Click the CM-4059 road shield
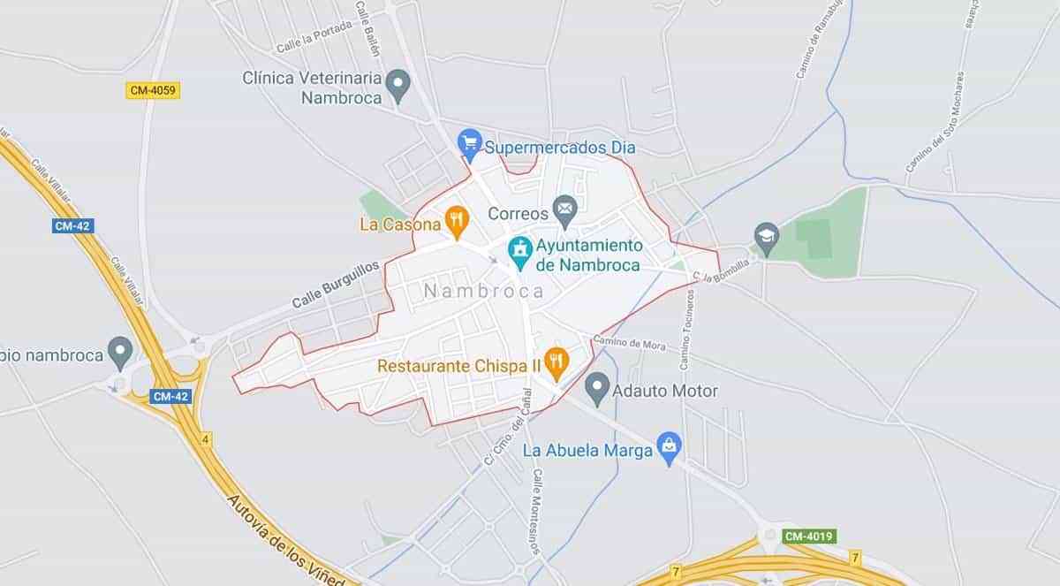(153, 90)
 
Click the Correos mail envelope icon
(564, 210)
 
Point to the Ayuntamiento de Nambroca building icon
(519, 251)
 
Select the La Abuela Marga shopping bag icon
(670, 447)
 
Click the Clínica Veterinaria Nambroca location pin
(399, 85)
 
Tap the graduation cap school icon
(766, 237)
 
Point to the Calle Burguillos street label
(336, 285)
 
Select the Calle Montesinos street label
(536, 512)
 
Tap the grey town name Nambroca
(482, 291)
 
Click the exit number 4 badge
(206, 438)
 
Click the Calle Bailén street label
(367, 28)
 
